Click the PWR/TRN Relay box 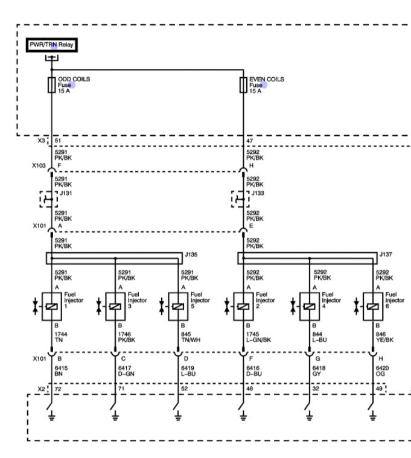coord(51,45)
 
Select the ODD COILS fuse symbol coord(51,84)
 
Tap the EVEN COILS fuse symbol coord(243,84)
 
